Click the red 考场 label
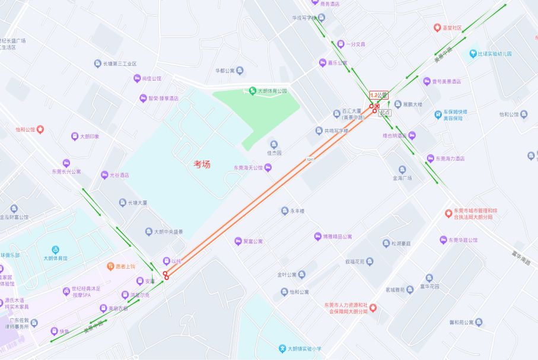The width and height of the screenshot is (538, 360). click(x=202, y=164)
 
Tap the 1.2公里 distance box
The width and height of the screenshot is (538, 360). click(x=378, y=95)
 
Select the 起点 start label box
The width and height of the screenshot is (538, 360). click(x=385, y=112)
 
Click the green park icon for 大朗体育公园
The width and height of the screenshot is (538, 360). click(x=252, y=91)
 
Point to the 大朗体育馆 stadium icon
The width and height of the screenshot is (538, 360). click(x=55, y=250)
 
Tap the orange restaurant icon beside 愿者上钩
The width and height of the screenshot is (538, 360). click(x=110, y=266)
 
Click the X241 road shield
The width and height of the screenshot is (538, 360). click(x=310, y=159)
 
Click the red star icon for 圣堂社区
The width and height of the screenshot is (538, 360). click(x=437, y=27)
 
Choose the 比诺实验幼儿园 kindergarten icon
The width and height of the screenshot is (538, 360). click(x=473, y=53)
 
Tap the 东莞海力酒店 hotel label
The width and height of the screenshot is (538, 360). click(x=450, y=158)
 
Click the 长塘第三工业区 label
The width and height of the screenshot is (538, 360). click(x=120, y=63)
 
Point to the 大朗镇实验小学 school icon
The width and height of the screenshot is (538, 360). click(x=283, y=349)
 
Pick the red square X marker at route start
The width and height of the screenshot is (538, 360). click(x=377, y=106)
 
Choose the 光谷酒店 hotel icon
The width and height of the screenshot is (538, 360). click(x=105, y=175)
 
